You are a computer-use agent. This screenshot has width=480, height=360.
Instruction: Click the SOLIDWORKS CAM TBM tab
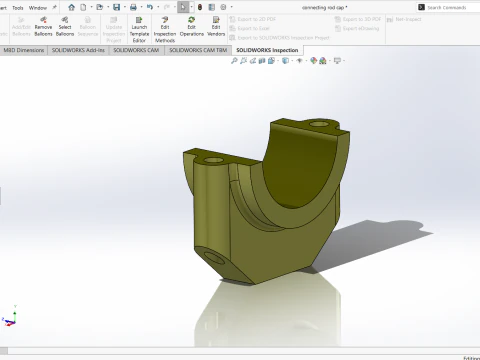(198, 48)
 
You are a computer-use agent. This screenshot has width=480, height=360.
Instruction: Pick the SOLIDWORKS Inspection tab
(267, 48)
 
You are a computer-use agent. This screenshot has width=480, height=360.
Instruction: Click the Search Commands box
(447, 7)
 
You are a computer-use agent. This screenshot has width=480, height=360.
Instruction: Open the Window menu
(37, 7)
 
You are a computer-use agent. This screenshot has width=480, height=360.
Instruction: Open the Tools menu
(17, 7)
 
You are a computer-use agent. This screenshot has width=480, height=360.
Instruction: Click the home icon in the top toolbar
(71, 7)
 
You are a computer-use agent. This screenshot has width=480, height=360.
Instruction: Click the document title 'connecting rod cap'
(325, 7)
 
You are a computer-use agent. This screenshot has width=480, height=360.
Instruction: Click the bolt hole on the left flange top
(213, 160)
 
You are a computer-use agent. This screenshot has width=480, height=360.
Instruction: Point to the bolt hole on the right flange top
(320, 125)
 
